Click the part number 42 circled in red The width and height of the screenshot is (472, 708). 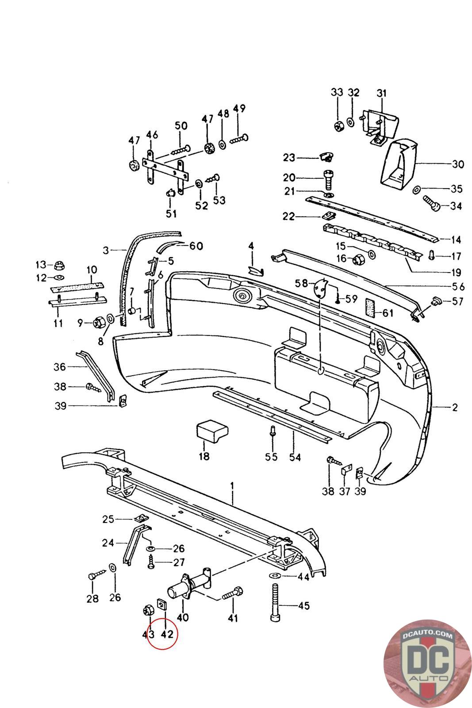(x=166, y=634)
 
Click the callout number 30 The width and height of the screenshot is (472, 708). (x=458, y=164)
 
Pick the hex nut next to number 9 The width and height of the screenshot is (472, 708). (x=99, y=322)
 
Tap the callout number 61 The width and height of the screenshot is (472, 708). (x=388, y=313)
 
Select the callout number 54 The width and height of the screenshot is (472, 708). (x=294, y=456)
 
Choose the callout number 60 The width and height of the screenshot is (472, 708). (x=196, y=246)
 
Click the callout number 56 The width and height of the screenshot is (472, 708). (x=458, y=286)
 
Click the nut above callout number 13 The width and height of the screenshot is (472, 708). (x=58, y=265)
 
